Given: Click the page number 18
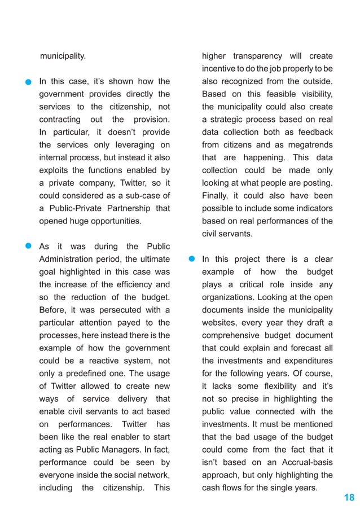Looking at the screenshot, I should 349,497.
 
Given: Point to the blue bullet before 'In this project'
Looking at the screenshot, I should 191,259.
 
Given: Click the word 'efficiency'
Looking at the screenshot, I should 127,284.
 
